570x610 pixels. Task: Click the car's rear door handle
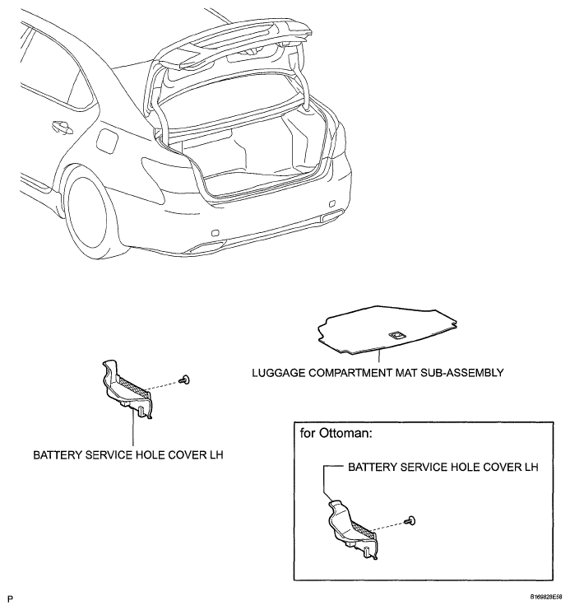(59, 128)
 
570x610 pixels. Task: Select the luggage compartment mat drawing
(386, 329)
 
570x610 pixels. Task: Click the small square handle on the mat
(396, 335)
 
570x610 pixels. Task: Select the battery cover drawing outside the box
(127, 387)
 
